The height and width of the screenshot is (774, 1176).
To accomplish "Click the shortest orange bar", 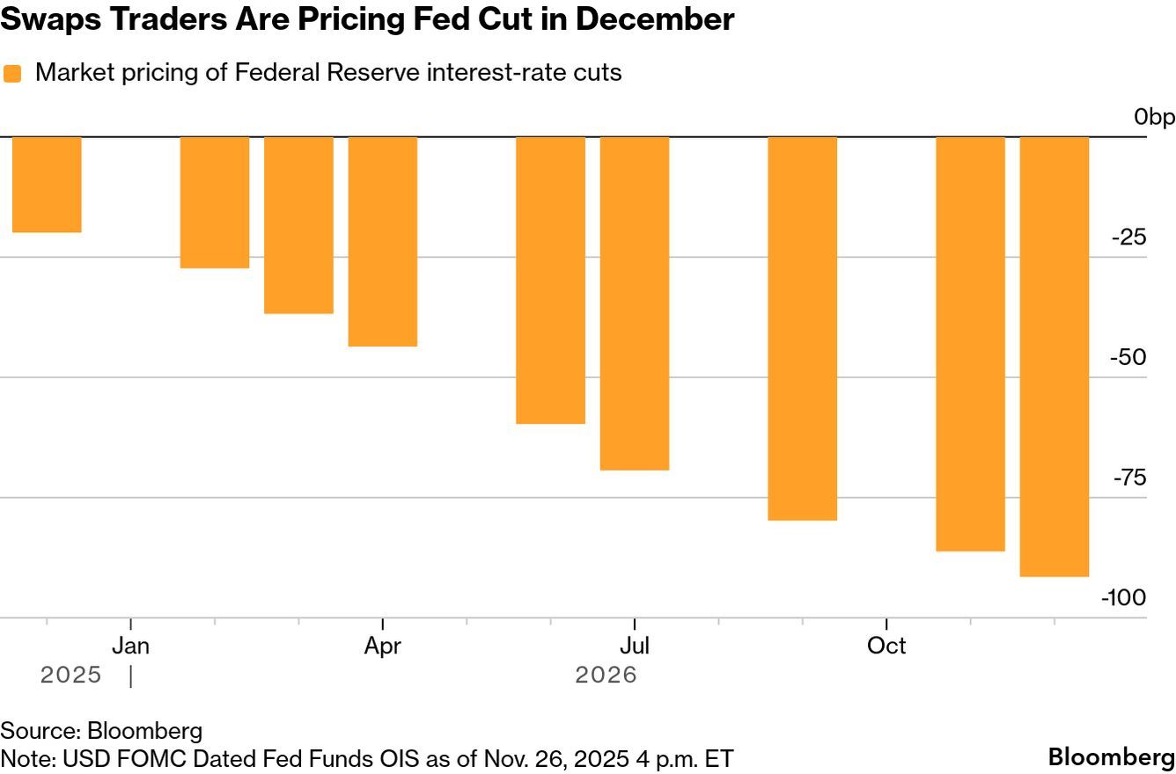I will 47,185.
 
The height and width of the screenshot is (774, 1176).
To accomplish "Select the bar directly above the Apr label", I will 383,242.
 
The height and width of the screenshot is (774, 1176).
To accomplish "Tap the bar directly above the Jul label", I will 635,303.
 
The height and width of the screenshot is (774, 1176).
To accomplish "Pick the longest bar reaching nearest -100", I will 1055,356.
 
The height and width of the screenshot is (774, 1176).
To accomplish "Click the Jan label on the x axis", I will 130,646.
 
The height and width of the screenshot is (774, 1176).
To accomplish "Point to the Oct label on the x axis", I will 886,646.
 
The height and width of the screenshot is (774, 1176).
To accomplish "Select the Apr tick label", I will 383,646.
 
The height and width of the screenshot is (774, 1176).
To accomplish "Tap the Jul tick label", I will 635,646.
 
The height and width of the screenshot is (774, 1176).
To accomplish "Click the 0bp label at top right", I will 1154,117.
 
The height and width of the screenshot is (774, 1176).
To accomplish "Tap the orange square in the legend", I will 12,73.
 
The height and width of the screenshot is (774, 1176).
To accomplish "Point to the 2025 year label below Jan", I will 70,675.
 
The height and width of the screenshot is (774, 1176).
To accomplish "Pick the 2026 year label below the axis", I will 606,675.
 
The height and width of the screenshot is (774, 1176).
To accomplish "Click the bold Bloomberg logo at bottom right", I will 1111,757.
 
